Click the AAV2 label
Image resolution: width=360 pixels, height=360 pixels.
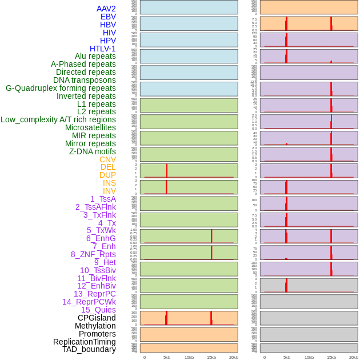pyautogui.click(x=106, y=9)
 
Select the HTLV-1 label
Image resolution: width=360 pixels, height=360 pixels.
pyautogui.click(x=102, y=49)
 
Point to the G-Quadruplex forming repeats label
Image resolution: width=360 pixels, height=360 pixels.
pyautogui.click(x=61, y=88)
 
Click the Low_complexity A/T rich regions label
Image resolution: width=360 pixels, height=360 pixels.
pyautogui.click(x=58, y=119)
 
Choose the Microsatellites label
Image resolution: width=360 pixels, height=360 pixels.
pyautogui.click(x=90, y=127)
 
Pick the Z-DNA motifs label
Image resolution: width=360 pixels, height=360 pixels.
pyautogui.click(x=92, y=151)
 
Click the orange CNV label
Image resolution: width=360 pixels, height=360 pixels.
pyautogui.click(x=107, y=159)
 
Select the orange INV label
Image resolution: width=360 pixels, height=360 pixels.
pyautogui.click(x=109, y=191)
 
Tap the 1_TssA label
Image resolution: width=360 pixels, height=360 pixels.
pyautogui.click(x=103, y=199)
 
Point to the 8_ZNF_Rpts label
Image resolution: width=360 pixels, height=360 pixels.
pyautogui.click(x=93, y=254)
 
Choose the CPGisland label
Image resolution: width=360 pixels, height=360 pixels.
pyautogui.click(x=97, y=318)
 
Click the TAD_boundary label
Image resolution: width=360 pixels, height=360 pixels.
pyautogui.click(x=89, y=349)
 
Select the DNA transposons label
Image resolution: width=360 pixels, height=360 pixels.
pyautogui.click(x=85, y=80)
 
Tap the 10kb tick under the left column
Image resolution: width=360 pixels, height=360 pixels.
pyautogui.click(x=189, y=357)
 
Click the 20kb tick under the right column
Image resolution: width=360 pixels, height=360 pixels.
pyautogui.click(x=354, y=357)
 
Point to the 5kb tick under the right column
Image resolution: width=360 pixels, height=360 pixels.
pyautogui.click(x=287, y=357)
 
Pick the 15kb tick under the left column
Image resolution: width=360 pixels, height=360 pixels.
pyautogui.click(x=211, y=357)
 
